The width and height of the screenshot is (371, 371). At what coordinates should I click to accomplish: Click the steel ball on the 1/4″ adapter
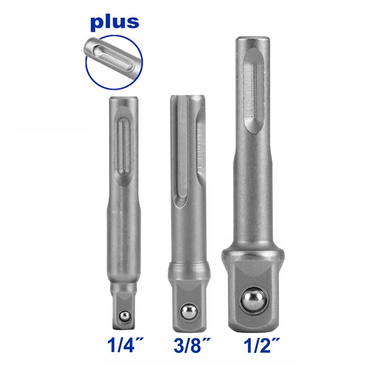coord(125,316)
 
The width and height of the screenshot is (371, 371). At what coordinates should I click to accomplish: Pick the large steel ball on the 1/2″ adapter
coord(253,300)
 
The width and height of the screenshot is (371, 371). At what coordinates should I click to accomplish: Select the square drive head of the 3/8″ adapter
coord(189,305)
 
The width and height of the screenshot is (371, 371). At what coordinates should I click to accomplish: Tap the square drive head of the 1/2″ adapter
coord(253,296)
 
